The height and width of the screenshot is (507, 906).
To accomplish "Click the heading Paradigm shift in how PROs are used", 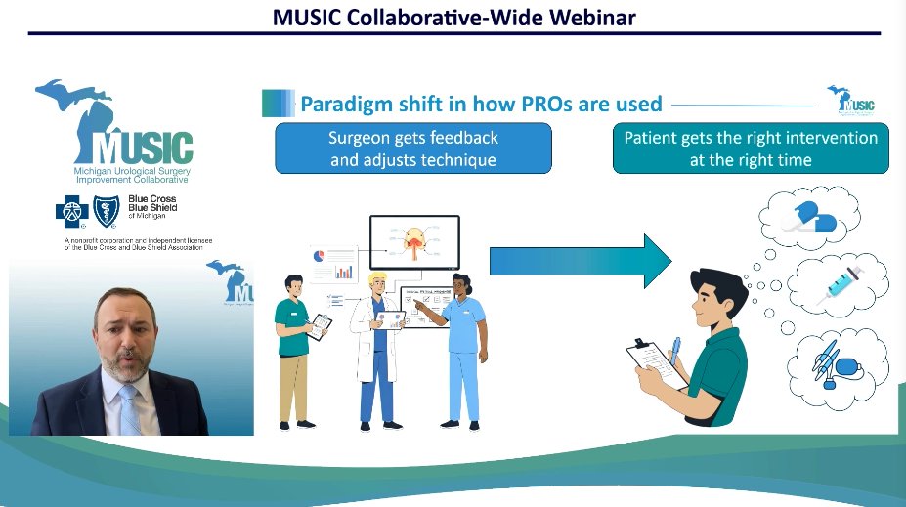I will pyautogui.click(x=480, y=104).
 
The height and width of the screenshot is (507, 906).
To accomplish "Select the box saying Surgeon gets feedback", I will pyautogui.click(x=412, y=148).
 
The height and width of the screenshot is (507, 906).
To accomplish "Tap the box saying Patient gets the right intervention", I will pyautogui.click(x=751, y=148).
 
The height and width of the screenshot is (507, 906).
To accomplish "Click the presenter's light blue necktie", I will pyautogui.click(x=129, y=407).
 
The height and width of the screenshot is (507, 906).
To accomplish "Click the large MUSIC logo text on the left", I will pyautogui.click(x=145, y=147).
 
